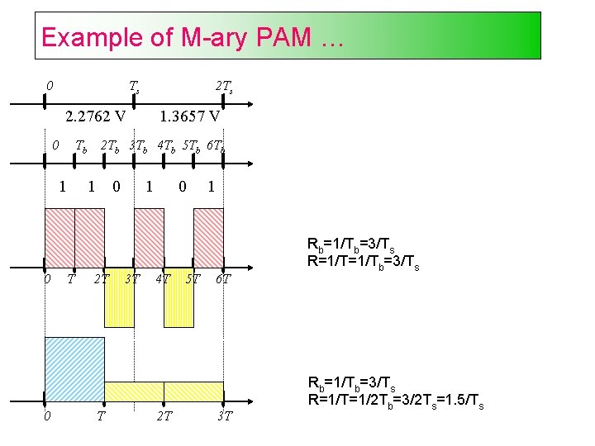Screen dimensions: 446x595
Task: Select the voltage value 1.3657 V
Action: click(190, 116)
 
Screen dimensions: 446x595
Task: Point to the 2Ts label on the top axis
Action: click(223, 87)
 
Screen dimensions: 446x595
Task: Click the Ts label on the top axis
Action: click(134, 87)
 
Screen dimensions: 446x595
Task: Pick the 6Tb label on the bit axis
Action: click(215, 147)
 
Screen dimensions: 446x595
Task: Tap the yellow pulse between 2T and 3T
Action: click(119, 297)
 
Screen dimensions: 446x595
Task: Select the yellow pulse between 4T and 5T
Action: click(178, 297)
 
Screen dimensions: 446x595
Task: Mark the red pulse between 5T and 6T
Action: click(208, 238)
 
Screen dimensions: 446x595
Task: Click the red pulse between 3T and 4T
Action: click(149, 238)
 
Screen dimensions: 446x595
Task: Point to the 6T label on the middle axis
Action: click(222, 279)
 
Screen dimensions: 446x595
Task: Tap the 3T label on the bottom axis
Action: click(224, 416)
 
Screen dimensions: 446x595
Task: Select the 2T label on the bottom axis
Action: click(164, 416)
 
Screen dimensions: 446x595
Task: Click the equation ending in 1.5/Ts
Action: click(395, 404)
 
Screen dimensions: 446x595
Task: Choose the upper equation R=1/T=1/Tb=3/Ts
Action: click(363, 266)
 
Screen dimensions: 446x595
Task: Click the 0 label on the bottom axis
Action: click(46, 416)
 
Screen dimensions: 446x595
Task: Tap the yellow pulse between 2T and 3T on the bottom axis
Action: click(193, 390)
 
